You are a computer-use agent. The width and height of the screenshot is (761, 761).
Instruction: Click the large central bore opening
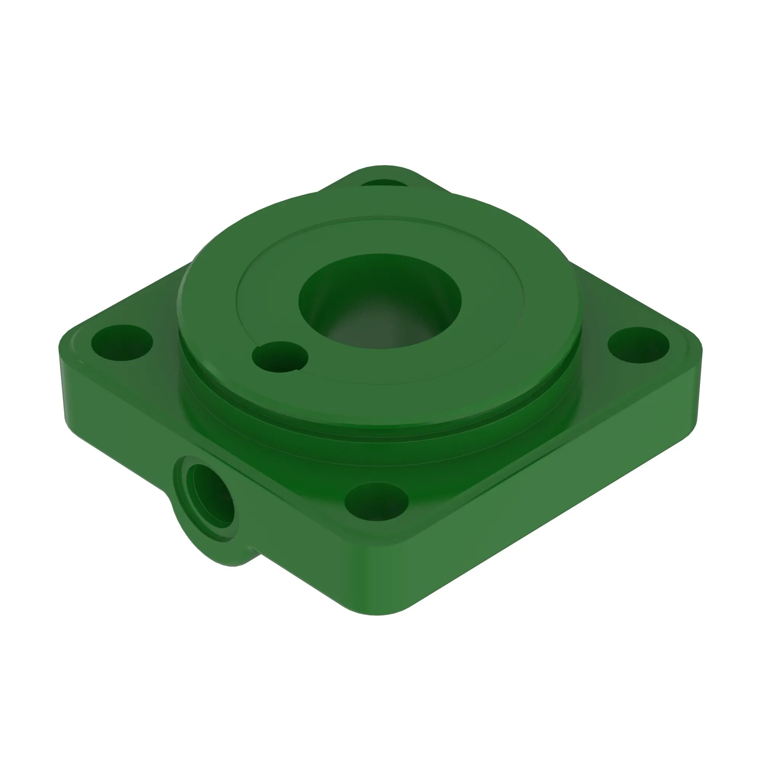380,301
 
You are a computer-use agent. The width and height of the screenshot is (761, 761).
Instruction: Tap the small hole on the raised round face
280,357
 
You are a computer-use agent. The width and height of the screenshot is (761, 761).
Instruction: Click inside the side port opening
211,496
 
